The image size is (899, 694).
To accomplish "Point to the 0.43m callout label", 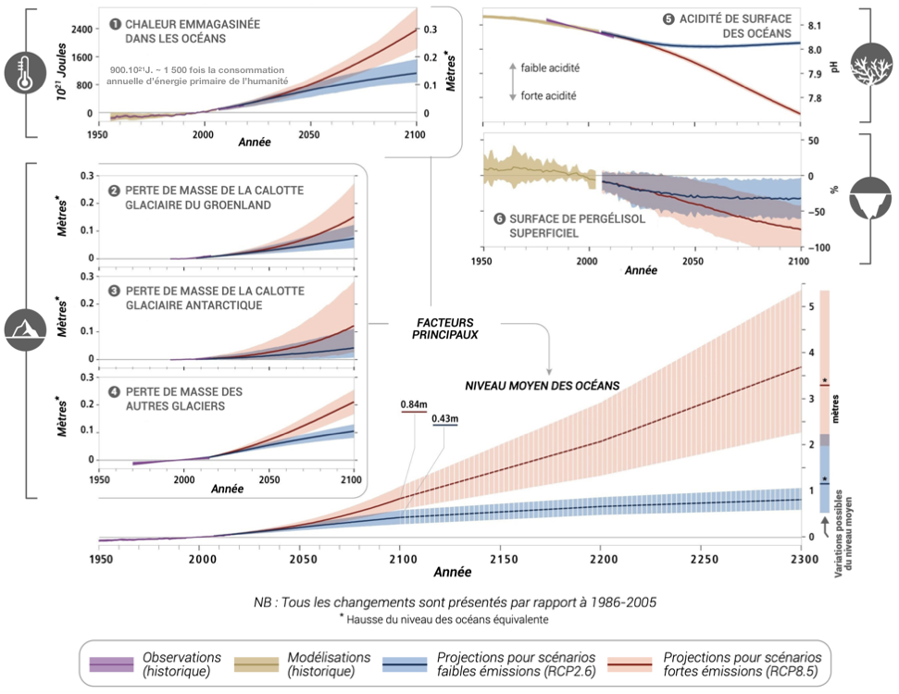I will (x=444, y=419).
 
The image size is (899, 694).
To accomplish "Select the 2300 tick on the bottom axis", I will (x=802, y=560).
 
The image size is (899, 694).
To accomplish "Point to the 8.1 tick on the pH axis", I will (x=816, y=26).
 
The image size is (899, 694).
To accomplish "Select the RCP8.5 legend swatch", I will (x=630, y=663).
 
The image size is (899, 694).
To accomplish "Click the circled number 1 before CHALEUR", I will (x=116, y=23).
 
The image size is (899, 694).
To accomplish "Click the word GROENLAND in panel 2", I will (x=229, y=205).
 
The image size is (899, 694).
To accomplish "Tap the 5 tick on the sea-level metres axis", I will (x=811, y=306).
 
